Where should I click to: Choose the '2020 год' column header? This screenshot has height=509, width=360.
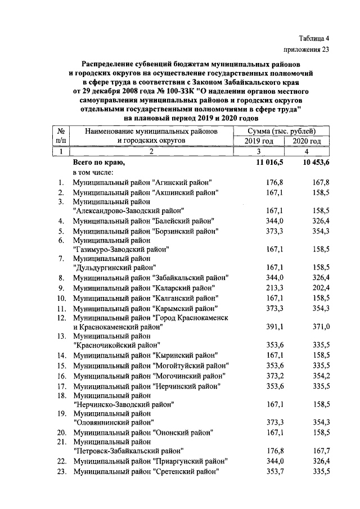pos(307,141)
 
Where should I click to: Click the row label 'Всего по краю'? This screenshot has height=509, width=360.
pos(98,162)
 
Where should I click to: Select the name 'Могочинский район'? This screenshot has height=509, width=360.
pos(188,376)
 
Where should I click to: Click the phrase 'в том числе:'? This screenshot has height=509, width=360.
pos(93,172)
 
